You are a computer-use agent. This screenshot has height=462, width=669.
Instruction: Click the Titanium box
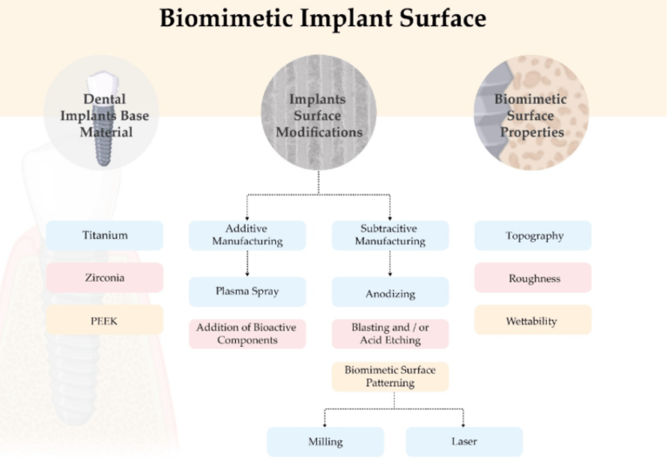tap(105, 235)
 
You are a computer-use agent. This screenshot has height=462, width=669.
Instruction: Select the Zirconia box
tap(105, 277)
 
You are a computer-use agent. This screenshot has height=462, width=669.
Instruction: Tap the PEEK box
tap(105, 320)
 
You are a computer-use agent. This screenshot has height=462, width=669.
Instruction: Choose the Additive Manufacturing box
tap(247, 235)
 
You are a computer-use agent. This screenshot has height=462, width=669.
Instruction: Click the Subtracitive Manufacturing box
tap(390, 235)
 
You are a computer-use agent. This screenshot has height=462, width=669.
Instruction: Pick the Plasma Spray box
tap(247, 291)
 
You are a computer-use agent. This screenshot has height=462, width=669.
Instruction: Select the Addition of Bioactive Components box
tap(247, 334)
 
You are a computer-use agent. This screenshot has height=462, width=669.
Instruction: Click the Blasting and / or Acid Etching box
tap(390, 334)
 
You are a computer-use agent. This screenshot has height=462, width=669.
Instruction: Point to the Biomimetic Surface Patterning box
tap(390, 377)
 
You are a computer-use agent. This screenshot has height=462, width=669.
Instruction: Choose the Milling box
tap(325, 441)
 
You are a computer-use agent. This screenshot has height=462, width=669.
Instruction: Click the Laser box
tap(464, 441)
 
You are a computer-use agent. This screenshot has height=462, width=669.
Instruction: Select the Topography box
tap(533, 235)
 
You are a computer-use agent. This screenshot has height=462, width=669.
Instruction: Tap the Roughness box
tap(533, 278)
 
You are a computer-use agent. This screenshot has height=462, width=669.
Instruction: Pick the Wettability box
tap(533, 320)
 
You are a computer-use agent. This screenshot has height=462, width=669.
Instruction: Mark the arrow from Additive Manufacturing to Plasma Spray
tap(247, 263)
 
